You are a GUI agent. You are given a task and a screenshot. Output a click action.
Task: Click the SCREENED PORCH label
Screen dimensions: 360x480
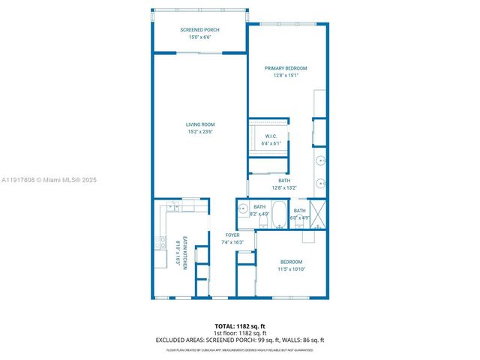click(x=200, y=30)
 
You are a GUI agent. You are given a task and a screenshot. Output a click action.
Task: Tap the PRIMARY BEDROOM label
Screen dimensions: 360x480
click(x=285, y=68)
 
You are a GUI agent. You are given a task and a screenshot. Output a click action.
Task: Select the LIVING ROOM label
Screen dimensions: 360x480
click(x=200, y=124)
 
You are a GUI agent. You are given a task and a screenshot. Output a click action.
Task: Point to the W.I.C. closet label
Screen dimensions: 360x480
click(x=271, y=136)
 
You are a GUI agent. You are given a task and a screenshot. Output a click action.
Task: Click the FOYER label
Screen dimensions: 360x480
click(x=232, y=235)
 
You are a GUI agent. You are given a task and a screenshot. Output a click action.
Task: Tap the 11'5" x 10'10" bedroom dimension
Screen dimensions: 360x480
click(x=292, y=268)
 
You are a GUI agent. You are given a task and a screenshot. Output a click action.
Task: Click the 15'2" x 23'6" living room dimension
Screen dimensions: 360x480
click(x=200, y=132)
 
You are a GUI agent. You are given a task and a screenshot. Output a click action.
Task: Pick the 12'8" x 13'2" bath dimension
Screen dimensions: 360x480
click(x=285, y=187)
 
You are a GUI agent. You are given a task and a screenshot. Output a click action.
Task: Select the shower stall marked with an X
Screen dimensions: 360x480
click(x=317, y=213)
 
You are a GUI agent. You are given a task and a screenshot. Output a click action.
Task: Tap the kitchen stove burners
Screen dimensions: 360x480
click(x=160, y=242)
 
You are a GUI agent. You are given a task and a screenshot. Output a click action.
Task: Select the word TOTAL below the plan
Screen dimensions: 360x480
click(x=224, y=326)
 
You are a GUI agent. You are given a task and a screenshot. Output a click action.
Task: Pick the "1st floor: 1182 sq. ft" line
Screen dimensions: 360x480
click(x=239, y=333)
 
